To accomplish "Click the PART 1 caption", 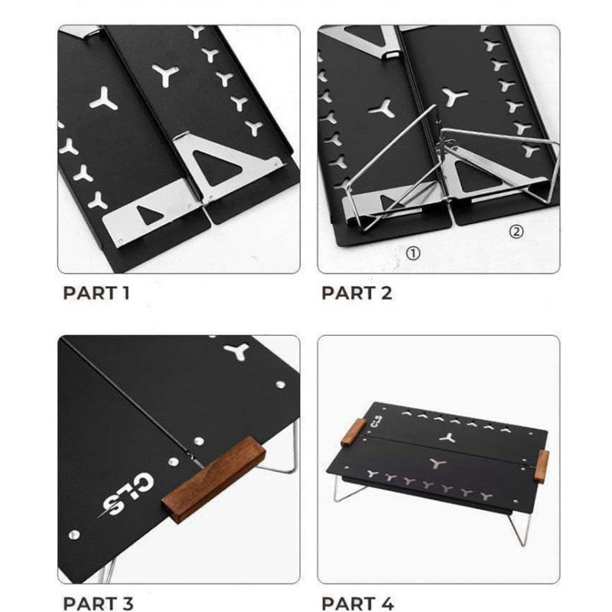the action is tap(96, 293).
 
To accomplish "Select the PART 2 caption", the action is tap(356, 293).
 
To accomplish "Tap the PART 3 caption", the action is tap(98, 604).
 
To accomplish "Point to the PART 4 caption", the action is tap(357, 604).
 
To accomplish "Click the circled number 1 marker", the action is tap(413, 254).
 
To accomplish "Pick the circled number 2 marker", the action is tap(516, 232).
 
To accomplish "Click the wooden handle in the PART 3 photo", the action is tap(213, 480).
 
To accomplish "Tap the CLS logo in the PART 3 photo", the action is tap(125, 496).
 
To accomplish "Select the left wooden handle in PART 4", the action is tap(353, 432).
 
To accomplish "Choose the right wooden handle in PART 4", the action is tap(542, 467).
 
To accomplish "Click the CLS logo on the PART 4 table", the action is tap(376, 422).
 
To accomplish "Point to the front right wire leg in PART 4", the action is tap(520, 528).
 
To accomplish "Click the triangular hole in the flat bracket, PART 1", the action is tap(148, 215).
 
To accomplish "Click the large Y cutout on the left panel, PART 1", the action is tap(104, 99).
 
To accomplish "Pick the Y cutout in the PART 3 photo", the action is tap(236, 351).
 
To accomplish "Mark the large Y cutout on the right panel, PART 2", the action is tap(454, 97).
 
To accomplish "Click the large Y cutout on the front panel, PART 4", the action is tap(437, 464).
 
